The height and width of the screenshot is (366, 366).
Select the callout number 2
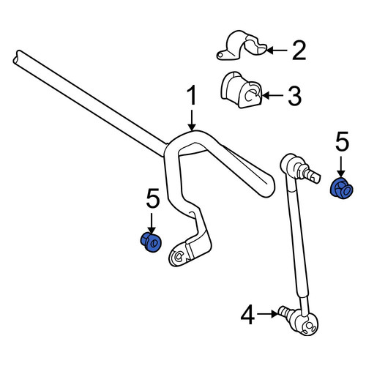pyautogui.click(x=299, y=51)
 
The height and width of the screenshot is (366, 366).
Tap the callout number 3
pyautogui.click(x=294, y=96)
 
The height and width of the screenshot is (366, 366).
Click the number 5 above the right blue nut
pyautogui.click(x=342, y=141)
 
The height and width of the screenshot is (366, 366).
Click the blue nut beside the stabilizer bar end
pyautogui.click(x=151, y=242)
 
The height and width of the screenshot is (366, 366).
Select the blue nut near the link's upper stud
pyautogui.click(x=342, y=188)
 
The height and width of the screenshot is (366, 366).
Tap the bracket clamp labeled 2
pyautogui.click(x=242, y=45)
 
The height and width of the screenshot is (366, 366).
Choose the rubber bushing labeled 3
pyautogui.click(x=242, y=90)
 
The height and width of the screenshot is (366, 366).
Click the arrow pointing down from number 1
pyautogui.click(x=192, y=120)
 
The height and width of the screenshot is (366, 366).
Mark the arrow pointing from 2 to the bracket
pyautogui.click(x=277, y=51)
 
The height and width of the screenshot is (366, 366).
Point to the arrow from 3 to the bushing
pyautogui.click(x=272, y=95)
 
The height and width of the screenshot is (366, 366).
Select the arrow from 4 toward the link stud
pyautogui.click(x=268, y=314)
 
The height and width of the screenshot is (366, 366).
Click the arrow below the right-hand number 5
pyautogui.click(x=341, y=167)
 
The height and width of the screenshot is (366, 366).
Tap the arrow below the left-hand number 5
pyautogui.click(x=152, y=223)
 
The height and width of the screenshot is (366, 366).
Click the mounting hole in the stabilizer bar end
pyautogui.click(x=179, y=256)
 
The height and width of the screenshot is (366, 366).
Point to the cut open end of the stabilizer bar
pyautogui.click(x=17, y=58)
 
